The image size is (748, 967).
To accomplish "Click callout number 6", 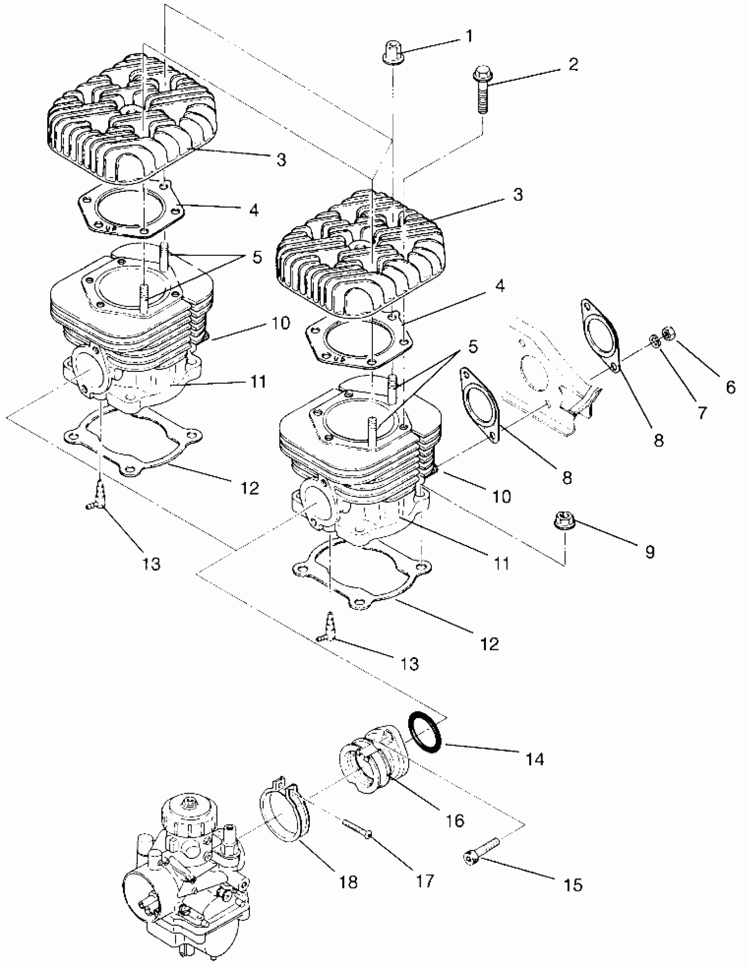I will [730, 388].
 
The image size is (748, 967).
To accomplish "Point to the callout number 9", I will [650, 552].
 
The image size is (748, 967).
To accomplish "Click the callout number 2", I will [573, 65].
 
